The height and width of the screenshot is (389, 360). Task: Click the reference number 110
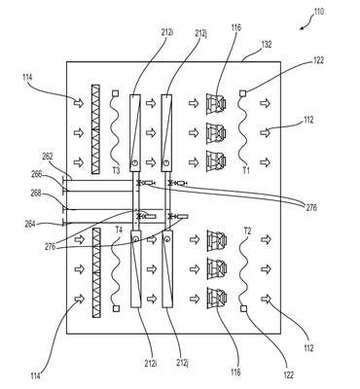[x=318, y=12]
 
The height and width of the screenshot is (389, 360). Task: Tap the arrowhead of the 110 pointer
[x=302, y=29]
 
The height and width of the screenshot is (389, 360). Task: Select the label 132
[x=266, y=44]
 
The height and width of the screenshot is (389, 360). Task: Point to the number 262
[x=48, y=157]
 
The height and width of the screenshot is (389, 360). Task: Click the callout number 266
[x=36, y=174]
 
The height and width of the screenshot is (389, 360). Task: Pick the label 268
[x=36, y=194]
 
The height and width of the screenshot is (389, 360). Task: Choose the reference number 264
[x=31, y=224]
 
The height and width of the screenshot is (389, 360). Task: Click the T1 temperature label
[x=246, y=170]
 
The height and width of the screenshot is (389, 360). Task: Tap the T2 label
[x=247, y=231]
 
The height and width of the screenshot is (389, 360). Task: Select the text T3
[x=116, y=170]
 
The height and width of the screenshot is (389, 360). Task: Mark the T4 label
[x=119, y=230]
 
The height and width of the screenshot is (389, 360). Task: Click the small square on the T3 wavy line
[x=115, y=93]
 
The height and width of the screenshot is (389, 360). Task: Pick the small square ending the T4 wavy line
[x=116, y=308]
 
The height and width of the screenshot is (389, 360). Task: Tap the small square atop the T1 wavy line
[x=242, y=93]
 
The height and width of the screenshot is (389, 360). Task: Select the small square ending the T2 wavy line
[x=243, y=308]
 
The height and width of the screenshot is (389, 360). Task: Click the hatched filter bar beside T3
[x=95, y=129]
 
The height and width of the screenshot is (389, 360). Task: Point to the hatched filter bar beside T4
[x=96, y=272]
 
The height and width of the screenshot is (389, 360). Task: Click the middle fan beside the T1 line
[x=216, y=132]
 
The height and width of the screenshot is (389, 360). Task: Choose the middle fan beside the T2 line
[x=217, y=268]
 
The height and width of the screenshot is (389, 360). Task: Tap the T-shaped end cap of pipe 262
[x=64, y=179]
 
